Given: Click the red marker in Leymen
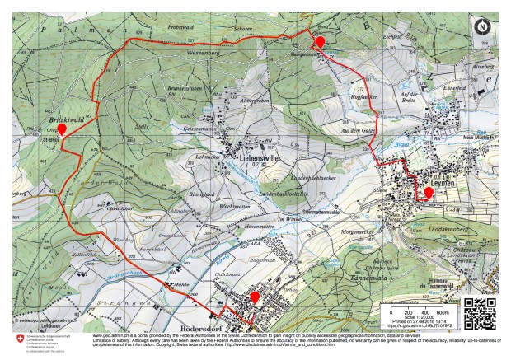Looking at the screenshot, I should click(429, 194).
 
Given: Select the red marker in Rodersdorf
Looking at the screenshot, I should click(255, 297).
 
